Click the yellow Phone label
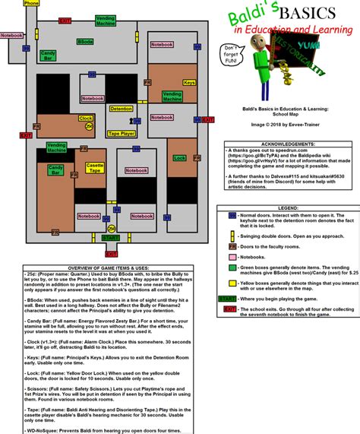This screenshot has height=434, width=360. (31, 4)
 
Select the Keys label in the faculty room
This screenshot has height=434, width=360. (189, 82)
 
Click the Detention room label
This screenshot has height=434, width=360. (122, 109)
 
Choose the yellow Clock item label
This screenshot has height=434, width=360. (85, 119)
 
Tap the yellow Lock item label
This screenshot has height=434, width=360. (179, 158)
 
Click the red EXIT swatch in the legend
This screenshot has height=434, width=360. (229, 309)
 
